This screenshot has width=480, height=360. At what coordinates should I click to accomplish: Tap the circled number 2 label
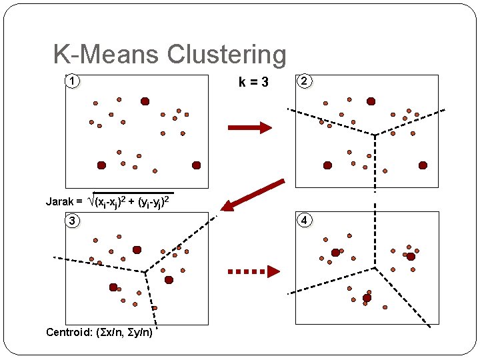click(x=304, y=82)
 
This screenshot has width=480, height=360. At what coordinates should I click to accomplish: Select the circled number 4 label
click(x=304, y=221)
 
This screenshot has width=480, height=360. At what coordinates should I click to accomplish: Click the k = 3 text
click(x=253, y=83)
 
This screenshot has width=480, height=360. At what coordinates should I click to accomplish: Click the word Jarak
click(x=60, y=201)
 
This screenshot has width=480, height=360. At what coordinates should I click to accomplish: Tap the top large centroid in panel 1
click(x=145, y=101)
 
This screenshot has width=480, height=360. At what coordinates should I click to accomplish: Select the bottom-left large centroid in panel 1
click(x=101, y=165)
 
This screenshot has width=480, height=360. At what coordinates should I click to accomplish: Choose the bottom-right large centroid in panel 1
click(x=197, y=165)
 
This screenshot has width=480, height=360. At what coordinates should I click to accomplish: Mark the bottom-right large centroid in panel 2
click(x=423, y=165)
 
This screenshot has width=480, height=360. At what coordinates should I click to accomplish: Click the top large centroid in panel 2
click(x=371, y=101)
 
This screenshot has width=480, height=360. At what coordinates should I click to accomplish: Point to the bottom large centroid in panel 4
click(x=367, y=297)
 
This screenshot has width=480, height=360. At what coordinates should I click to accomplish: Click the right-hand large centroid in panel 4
click(x=411, y=256)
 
